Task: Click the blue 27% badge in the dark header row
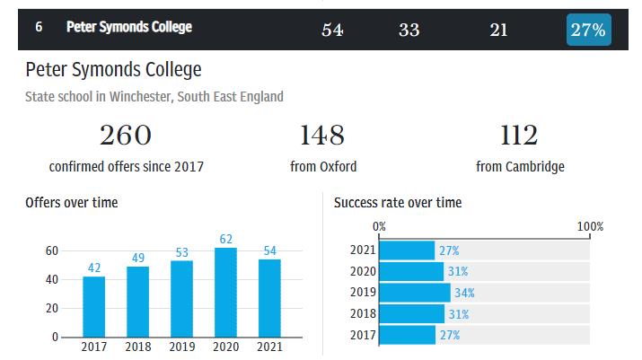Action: [x=588, y=30]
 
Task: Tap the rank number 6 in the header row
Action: [x=40, y=28]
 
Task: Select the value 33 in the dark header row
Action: [x=409, y=30]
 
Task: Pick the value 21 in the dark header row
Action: [x=498, y=30]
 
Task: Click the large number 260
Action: [x=126, y=136]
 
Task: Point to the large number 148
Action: [x=322, y=136]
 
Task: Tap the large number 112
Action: [x=520, y=136]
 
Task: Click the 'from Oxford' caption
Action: [x=323, y=166]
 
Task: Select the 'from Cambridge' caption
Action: [x=520, y=166]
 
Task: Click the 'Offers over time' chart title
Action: [x=72, y=203]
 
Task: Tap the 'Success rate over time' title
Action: [x=398, y=203]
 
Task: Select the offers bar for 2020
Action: [x=226, y=293]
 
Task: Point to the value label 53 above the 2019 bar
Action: [x=182, y=252]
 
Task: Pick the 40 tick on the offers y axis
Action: [x=52, y=279]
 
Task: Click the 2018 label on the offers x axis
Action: [x=138, y=347]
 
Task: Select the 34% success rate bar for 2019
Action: [x=415, y=293]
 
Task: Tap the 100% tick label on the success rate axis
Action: [x=590, y=226]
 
